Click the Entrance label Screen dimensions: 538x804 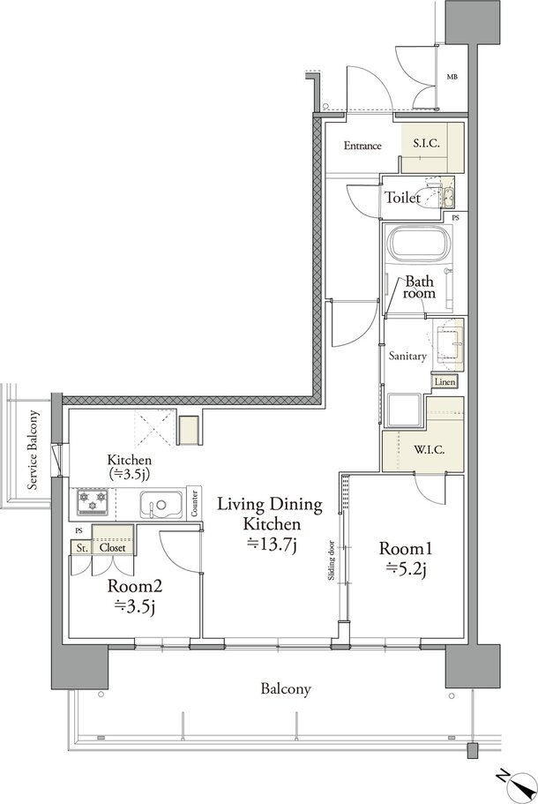point(362,146)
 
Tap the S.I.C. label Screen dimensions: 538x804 point(426,143)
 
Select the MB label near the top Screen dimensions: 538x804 point(452,78)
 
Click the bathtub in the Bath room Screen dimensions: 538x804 point(420,243)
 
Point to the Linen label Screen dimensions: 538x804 point(445,382)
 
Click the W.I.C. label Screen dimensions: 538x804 point(429,450)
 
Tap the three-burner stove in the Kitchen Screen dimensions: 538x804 point(93,502)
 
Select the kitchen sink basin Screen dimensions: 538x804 point(161,505)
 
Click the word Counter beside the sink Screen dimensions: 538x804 point(194,504)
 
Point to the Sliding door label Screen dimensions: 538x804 point(332,560)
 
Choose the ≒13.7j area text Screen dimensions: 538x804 point(272,544)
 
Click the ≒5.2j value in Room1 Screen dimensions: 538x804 point(407,568)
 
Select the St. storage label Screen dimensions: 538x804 point(82,548)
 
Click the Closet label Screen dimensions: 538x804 point(113,548)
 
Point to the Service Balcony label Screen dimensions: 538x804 point(34,450)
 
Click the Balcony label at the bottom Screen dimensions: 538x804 point(286,688)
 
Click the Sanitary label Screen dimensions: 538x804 point(407,356)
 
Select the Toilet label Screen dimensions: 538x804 point(403,197)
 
